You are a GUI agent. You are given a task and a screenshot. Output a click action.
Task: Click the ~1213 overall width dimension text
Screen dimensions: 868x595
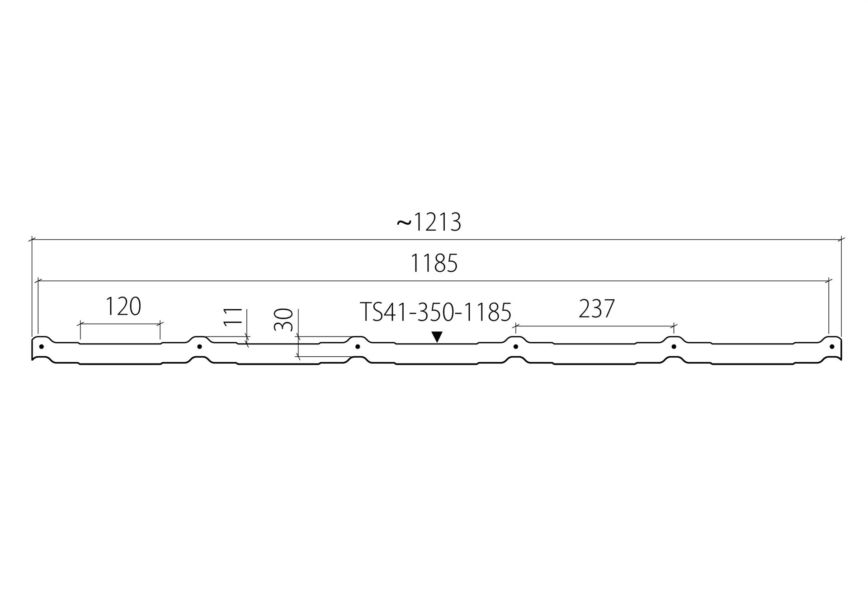click(x=429, y=222)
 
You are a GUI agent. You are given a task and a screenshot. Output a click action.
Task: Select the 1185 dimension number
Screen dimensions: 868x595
click(x=434, y=263)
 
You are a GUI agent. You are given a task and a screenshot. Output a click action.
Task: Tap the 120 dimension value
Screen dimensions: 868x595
click(x=123, y=306)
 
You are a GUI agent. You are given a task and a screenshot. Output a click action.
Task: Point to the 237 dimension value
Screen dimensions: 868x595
click(x=597, y=309)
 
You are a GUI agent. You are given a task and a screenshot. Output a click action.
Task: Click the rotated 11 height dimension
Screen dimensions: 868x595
click(x=233, y=316)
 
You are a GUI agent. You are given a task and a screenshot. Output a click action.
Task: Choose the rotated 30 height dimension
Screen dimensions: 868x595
click(x=283, y=319)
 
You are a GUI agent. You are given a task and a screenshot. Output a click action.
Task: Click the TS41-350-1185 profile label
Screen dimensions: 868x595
click(x=435, y=312)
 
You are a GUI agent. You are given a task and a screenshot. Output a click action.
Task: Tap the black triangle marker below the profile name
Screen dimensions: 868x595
click(x=437, y=336)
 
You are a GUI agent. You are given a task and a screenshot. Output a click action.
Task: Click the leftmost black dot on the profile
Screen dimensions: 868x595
click(x=42, y=347)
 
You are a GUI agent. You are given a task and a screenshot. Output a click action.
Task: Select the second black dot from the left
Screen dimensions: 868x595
click(x=199, y=347)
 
